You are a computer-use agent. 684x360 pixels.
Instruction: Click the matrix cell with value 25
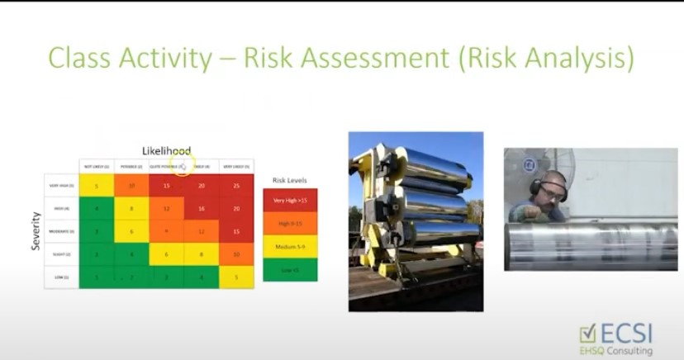pyautogui.click(x=235, y=187)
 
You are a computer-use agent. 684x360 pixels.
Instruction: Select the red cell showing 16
pyautogui.click(x=202, y=210)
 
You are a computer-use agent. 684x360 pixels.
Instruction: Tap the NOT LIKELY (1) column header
pyautogui.click(x=97, y=166)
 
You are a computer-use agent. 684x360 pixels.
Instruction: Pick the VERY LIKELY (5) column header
pyautogui.click(x=236, y=166)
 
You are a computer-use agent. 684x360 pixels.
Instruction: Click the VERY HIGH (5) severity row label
pyautogui.click(x=62, y=187)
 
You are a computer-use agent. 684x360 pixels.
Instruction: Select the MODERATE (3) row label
pyautogui.click(x=62, y=232)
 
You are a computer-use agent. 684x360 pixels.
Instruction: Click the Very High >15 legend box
pyautogui.click(x=289, y=200)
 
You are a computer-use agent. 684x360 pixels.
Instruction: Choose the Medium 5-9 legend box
pyautogui.click(x=289, y=246)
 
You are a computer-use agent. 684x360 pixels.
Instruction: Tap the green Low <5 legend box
pyautogui.click(x=289, y=269)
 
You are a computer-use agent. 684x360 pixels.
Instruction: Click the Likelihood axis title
pyautogui.click(x=166, y=151)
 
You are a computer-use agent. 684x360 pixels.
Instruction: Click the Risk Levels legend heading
pyautogui.click(x=289, y=179)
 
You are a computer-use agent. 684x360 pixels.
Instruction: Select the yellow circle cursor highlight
pyautogui.click(x=182, y=166)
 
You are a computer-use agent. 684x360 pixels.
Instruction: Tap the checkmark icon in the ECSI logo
pyautogui.click(x=587, y=333)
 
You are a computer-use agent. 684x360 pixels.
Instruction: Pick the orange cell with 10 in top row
pyautogui.click(x=131, y=187)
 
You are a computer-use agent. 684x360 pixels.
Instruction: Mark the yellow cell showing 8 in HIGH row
pyautogui.click(x=131, y=210)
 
